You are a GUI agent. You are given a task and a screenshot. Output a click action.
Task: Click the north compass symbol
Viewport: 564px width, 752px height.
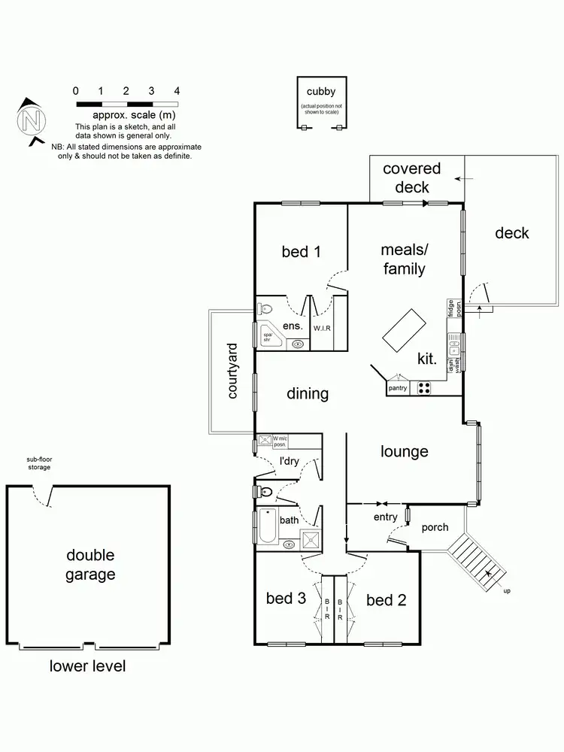29,120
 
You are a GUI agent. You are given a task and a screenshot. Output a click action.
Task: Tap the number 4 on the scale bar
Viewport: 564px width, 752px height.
176,90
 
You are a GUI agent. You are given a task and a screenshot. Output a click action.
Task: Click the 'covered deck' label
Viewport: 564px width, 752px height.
411,177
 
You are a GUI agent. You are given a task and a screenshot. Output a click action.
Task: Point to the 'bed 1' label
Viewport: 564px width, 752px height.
302,251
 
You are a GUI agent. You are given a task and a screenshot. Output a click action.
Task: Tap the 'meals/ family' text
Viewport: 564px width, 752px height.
404,259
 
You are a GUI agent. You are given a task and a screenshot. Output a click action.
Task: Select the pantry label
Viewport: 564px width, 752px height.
397,389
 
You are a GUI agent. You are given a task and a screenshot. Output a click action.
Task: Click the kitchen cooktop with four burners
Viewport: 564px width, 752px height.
424,388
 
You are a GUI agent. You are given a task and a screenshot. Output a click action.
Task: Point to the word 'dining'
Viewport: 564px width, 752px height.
308,393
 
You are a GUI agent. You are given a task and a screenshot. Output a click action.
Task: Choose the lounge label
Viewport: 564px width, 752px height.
404,451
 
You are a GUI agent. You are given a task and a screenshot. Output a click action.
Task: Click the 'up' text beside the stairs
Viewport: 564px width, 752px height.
506,591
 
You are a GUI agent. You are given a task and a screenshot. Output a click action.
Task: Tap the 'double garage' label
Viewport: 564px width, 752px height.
90,565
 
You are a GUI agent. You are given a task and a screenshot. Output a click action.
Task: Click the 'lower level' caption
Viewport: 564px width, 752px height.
88,666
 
